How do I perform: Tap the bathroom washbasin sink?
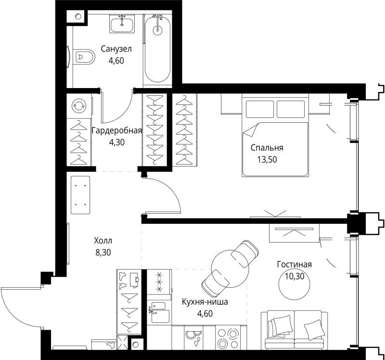[x=122, y=24]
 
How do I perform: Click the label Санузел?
[x=116, y=49]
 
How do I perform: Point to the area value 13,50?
[x=267, y=160]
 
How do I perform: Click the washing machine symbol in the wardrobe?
[x=78, y=105]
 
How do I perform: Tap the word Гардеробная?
[x=116, y=130]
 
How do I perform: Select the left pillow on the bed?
[x=260, y=109]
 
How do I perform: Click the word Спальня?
[x=267, y=148]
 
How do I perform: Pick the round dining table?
[x=230, y=269]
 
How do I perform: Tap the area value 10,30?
[x=295, y=276]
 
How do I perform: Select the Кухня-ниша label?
[x=205, y=302]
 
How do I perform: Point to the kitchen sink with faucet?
[x=159, y=312]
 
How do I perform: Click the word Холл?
[x=103, y=241]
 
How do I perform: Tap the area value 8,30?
[x=103, y=253]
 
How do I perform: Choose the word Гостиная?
[x=295, y=265]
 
